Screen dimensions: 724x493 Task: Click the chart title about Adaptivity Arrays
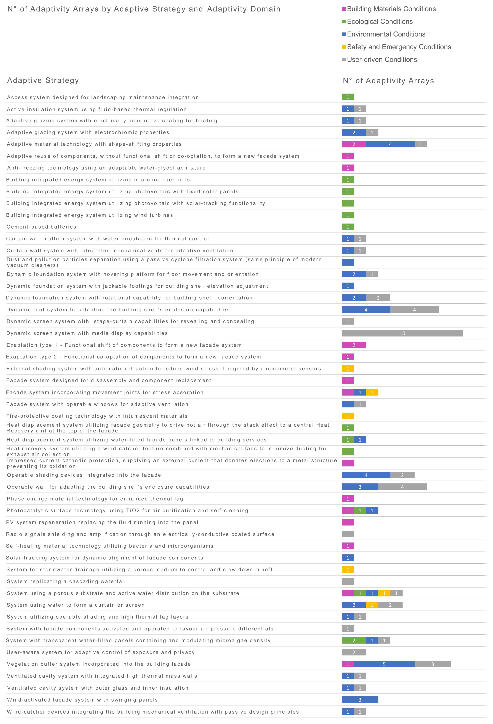click(144, 9)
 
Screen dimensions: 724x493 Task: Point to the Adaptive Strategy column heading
click(43, 80)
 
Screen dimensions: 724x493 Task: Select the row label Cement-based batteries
click(41, 227)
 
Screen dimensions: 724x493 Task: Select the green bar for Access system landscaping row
click(348, 97)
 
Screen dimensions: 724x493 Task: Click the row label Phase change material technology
click(95, 499)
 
